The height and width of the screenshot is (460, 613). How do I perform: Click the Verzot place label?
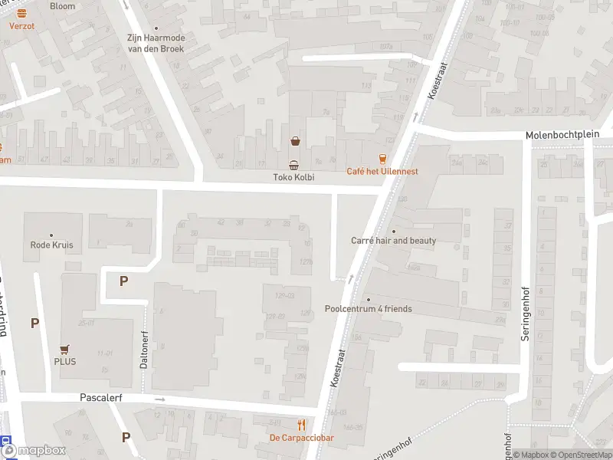coord(22,25)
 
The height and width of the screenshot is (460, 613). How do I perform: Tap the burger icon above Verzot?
coord(21,13)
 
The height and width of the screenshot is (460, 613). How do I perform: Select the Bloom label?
coord(62,6)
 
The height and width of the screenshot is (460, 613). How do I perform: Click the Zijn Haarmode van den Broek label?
coord(156,43)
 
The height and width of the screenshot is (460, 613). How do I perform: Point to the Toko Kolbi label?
coord(294,178)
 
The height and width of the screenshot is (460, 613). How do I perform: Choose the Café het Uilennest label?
coord(382,171)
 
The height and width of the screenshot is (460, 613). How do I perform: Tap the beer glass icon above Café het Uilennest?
coord(382,159)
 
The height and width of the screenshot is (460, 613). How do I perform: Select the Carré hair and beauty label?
coord(394,241)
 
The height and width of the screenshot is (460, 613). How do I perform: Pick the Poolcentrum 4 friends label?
coord(369,309)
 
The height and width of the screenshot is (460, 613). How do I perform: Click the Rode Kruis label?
coord(51,245)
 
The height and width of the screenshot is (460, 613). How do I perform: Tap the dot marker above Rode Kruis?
coord(51,235)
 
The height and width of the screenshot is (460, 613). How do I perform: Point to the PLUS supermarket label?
coord(64,362)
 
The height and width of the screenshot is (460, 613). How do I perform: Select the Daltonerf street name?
coord(144,350)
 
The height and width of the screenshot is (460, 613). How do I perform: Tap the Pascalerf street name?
coord(101,398)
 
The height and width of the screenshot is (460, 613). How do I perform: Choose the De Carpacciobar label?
coord(301,438)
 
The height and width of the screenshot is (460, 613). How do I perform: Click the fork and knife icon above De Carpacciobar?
coord(301,425)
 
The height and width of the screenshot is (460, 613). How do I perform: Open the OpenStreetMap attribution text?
coord(575,455)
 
